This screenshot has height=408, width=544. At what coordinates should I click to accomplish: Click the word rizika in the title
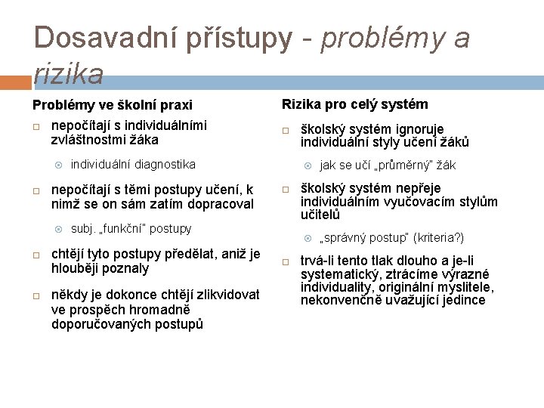pyautogui.click(x=69, y=73)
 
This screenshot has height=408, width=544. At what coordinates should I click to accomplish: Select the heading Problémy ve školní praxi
pyautogui.click(x=112, y=105)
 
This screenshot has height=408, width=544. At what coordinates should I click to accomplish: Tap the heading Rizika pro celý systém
pyautogui.click(x=354, y=104)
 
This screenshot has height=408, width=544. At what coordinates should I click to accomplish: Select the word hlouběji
pyautogui.click(x=77, y=268)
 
